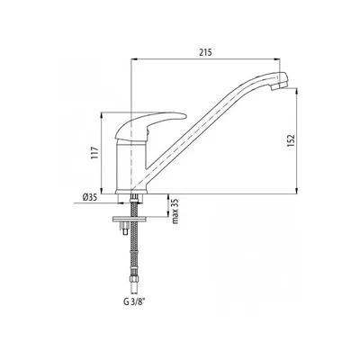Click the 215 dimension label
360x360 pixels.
[x=206, y=52]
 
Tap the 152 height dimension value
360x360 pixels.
[x=291, y=140]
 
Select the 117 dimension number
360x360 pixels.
[x=94, y=153]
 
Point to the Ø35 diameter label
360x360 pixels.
[x=89, y=197]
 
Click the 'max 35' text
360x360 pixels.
[x=175, y=211]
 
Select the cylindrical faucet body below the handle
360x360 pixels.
[x=131, y=166]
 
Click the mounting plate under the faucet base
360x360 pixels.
[x=130, y=219]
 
